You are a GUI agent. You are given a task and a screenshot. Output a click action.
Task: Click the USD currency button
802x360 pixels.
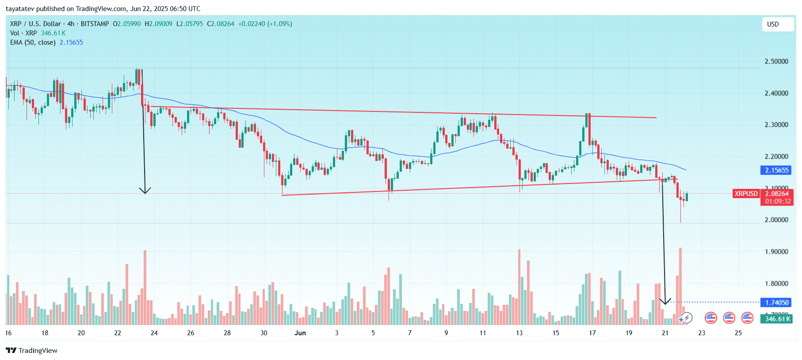[777, 24]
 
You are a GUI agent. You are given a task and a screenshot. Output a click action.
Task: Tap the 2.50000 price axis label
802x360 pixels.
[776, 61]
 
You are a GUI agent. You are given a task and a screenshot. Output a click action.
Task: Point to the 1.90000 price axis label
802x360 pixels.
[776, 252]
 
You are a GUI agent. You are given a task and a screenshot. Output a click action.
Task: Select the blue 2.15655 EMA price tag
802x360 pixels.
[776, 170]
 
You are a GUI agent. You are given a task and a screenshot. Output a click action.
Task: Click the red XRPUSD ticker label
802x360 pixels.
[746, 194]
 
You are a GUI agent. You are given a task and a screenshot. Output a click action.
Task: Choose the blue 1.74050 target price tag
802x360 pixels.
[777, 303]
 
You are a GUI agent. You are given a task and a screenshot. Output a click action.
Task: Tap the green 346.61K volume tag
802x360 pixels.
[777, 319]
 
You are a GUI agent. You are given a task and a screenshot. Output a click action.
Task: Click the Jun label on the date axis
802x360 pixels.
[300, 333]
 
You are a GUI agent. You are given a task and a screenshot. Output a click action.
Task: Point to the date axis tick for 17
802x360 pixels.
[592, 333]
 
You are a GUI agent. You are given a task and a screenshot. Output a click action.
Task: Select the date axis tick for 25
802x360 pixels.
[738, 333]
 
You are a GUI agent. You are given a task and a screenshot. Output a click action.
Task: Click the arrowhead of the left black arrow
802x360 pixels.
[145, 191]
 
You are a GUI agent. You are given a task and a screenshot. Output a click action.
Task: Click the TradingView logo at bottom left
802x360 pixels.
[32, 351]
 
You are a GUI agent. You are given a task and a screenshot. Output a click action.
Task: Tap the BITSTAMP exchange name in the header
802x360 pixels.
[95, 24]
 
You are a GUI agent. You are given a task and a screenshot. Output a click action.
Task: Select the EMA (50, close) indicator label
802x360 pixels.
[33, 42]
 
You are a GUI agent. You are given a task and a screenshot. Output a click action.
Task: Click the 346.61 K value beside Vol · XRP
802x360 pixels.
[53, 33]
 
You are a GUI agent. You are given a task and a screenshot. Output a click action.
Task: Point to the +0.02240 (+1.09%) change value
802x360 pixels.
[265, 24]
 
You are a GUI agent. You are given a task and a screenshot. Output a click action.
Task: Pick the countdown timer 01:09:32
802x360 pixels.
[778, 201]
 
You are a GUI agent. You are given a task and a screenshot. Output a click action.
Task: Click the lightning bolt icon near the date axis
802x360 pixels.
[687, 318]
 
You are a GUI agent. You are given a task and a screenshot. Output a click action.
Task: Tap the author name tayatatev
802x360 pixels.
[20, 9]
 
